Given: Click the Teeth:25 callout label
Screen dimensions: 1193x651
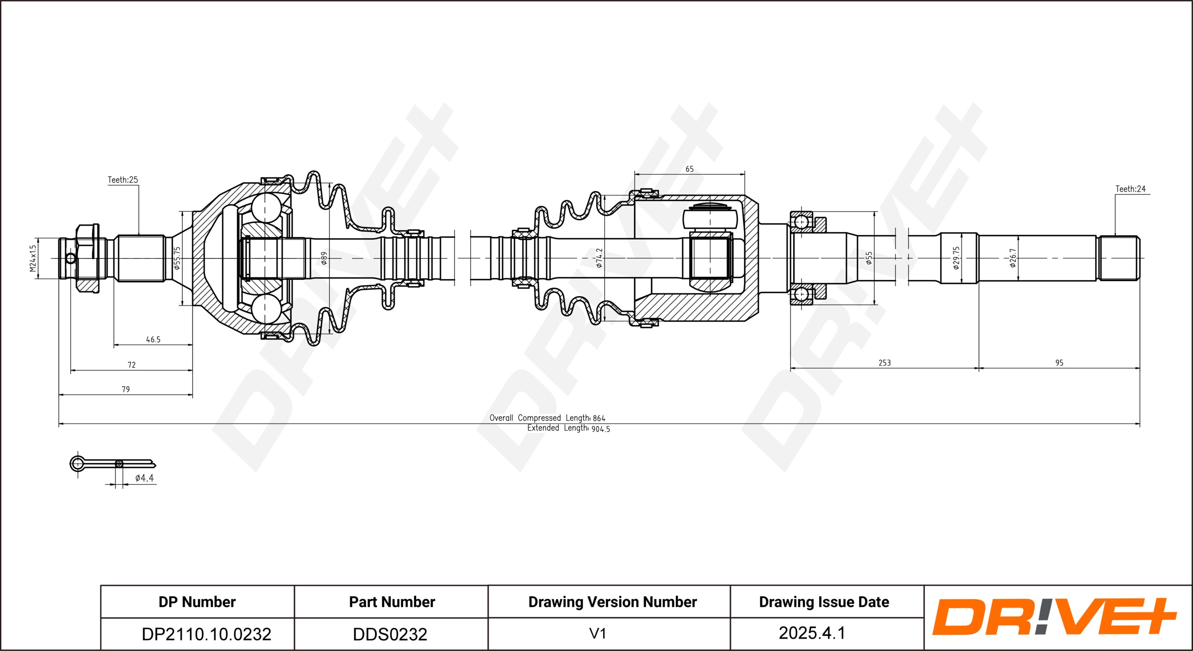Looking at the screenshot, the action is pos(123,180).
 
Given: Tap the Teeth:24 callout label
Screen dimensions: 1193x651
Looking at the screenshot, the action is pos(1130,189).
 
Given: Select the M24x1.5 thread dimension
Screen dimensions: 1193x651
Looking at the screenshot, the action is pos(32,258).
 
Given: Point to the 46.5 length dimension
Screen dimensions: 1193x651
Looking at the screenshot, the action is pos(153,340).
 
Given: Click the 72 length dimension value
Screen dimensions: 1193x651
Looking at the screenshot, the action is pos(132,365).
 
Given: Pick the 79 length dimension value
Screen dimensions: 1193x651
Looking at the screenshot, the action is pos(126,389).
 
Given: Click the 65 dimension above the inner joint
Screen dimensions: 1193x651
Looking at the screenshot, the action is pos(689,169).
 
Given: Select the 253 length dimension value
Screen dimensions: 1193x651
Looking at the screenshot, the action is pos(884,363).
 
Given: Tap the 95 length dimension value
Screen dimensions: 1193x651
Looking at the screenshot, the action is pos(1059,363).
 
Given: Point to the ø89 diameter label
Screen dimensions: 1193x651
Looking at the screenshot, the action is pos(324,258).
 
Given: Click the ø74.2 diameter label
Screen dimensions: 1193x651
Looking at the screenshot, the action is pos(599,258).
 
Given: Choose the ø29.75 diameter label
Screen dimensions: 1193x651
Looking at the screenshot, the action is pos(956,258).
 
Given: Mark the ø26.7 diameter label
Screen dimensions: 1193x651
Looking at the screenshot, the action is pos(1013,258).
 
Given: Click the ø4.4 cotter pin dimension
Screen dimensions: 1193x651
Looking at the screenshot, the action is pos(145,478).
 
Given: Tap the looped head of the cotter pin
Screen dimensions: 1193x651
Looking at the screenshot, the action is pos(77,463).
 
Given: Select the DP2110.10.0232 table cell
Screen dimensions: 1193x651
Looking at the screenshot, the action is pos(207,634).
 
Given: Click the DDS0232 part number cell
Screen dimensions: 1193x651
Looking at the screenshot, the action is pos(390,634).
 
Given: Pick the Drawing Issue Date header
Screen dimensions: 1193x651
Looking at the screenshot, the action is pos(824,602).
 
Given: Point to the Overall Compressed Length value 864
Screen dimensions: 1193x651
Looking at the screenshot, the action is pos(599,418).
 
